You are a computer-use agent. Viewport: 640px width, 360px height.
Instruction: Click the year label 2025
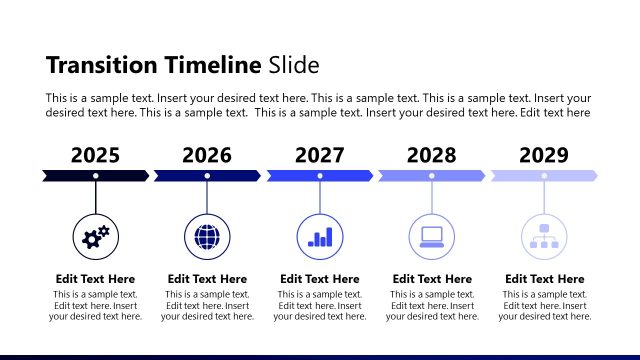tap(95, 155)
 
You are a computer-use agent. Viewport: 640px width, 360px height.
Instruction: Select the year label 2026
tap(207, 155)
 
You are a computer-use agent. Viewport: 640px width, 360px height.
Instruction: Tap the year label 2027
tap(320, 155)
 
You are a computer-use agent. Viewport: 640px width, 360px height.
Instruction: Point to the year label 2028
tap(432, 155)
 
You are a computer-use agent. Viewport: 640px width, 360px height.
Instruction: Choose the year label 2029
tap(544, 155)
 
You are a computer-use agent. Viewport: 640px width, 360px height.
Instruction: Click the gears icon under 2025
tap(96, 237)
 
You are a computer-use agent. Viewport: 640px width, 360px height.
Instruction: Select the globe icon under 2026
tap(208, 237)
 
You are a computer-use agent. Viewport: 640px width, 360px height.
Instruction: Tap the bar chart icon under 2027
tap(320, 237)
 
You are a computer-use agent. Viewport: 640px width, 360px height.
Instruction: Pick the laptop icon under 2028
tap(432, 237)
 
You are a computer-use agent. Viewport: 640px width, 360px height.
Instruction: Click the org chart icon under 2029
tap(545, 237)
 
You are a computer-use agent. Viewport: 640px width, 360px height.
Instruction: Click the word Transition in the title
tap(100, 66)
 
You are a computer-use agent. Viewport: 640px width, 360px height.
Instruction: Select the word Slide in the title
tap(293, 66)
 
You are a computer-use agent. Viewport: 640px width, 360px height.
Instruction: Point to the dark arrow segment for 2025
tap(70, 176)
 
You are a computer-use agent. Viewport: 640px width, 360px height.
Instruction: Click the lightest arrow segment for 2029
tap(570, 176)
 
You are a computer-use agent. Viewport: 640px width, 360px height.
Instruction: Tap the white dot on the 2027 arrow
tap(320, 176)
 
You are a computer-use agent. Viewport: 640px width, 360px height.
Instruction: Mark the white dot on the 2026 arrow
tap(207, 176)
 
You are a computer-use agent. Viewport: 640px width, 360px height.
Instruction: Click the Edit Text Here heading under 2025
tap(95, 279)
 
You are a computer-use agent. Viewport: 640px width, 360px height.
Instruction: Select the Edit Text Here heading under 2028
tap(432, 279)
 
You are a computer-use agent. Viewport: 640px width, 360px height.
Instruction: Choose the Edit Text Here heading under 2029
tap(545, 279)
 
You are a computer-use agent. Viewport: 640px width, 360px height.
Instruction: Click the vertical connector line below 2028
tap(432, 197)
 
